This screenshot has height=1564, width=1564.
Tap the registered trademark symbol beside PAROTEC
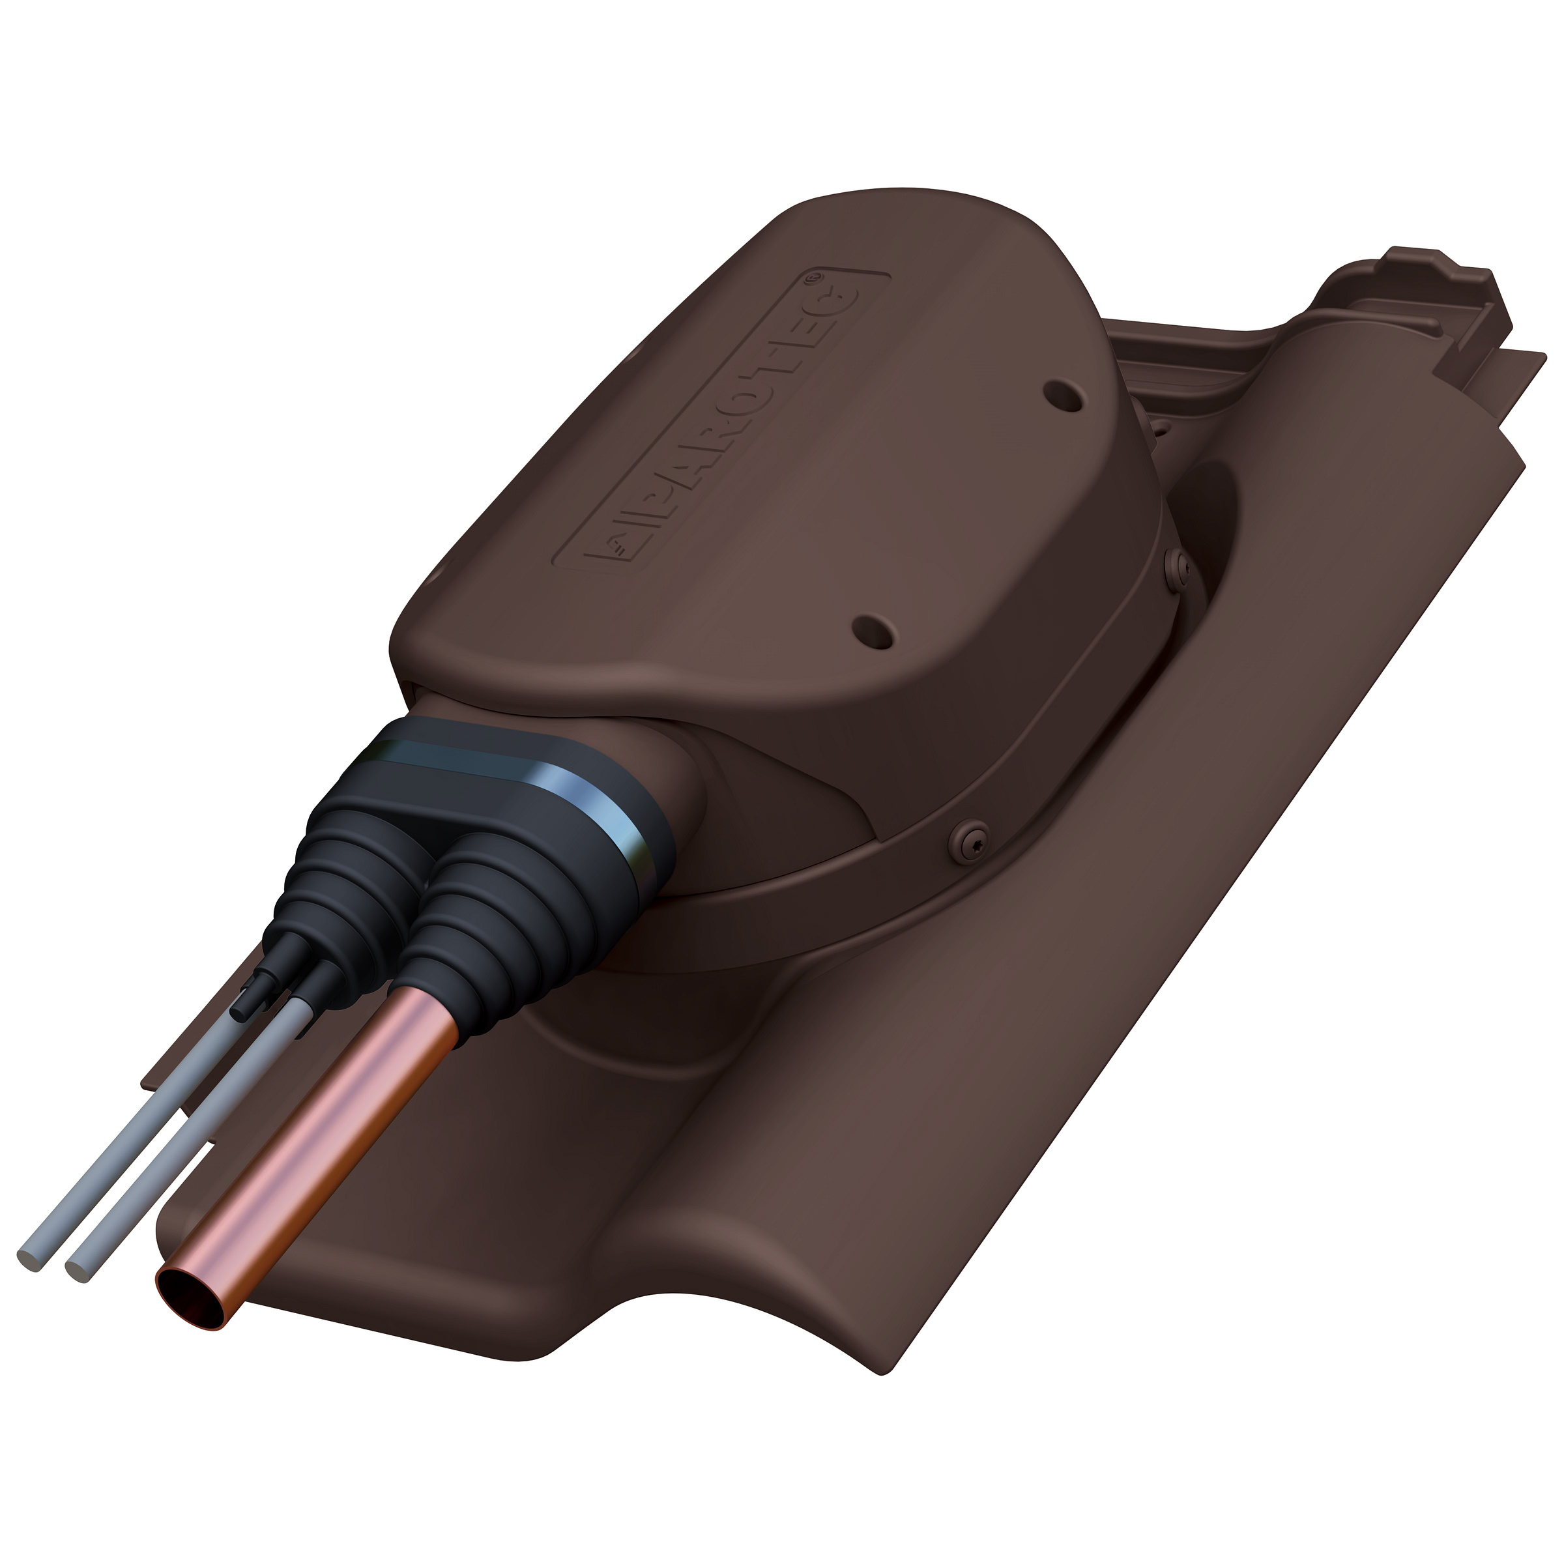815,278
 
